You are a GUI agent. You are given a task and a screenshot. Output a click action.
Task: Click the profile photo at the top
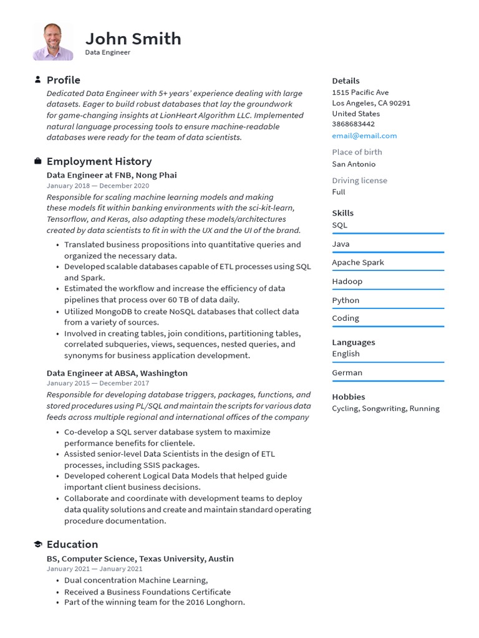pyautogui.click(x=53, y=42)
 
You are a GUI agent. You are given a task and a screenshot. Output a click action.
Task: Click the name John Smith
pyautogui.click(x=133, y=39)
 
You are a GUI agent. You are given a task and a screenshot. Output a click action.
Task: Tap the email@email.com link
pyautogui.click(x=364, y=136)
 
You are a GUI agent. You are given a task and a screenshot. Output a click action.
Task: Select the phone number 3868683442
pyautogui.click(x=353, y=124)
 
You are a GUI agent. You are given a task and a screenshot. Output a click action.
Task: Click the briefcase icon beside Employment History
pyautogui.click(x=37, y=161)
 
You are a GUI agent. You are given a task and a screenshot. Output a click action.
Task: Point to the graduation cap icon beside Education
pyautogui.click(x=37, y=545)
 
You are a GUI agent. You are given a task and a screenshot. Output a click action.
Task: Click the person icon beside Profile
pyautogui.click(x=37, y=80)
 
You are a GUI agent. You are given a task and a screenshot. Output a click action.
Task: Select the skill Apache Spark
pyautogui.click(x=358, y=262)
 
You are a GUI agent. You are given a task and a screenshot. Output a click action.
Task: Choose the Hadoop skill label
pyautogui.click(x=347, y=282)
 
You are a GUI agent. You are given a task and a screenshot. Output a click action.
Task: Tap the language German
pyautogui.click(x=347, y=373)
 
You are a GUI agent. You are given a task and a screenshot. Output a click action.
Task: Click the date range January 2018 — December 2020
pyautogui.click(x=98, y=186)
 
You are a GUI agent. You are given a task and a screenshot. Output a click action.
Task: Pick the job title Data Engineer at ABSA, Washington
pyautogui.click(x=117, y=373)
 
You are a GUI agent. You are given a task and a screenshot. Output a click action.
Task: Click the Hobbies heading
pyautogui.click(x=349, y=397)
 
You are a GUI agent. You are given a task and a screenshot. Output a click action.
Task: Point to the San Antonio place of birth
pyautogui.click(x=354, y=164)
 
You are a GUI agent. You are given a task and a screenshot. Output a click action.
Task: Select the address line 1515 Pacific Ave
pyautogui.click(x=360, y=92)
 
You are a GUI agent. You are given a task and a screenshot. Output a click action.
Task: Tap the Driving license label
pyautogui.click(x=359, y=181)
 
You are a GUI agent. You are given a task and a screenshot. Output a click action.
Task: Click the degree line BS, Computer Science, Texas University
pyautogui.click(x=140, y=559)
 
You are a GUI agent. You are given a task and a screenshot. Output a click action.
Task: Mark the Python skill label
pyautogui.click(x=346, y=300)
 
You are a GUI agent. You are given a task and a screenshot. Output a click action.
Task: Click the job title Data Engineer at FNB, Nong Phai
pyautogui.click(x=112, y=176)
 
